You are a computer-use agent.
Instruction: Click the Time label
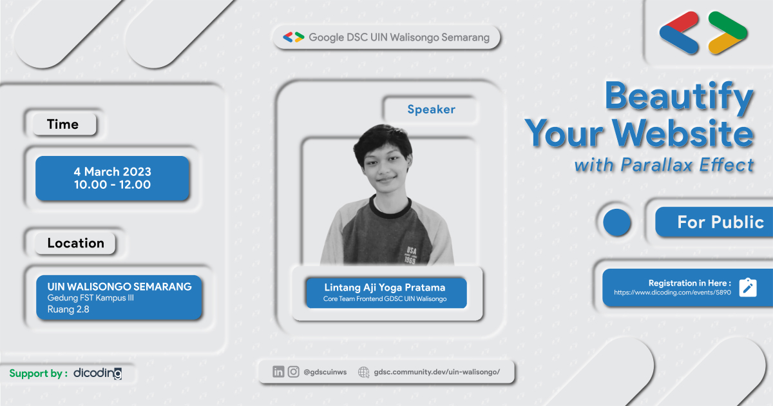62,124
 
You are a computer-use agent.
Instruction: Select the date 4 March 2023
112,172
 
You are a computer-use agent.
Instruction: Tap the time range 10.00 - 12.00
112,185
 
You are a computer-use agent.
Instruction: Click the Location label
75,243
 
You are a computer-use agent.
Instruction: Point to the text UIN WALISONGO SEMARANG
119,286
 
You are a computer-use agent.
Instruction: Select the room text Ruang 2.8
68,309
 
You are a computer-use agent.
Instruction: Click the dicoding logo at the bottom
97,373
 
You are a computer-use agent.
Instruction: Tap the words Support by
38,373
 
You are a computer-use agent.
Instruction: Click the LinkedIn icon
278,371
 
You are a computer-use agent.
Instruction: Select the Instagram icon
294,371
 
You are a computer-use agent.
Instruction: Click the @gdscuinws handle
325,372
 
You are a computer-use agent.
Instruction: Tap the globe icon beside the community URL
363,372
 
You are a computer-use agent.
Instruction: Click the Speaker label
431,110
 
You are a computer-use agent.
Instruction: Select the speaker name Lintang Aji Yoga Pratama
385,287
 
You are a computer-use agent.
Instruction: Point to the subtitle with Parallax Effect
663,166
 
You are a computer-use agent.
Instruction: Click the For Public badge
720,222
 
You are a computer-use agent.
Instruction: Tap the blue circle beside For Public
617,222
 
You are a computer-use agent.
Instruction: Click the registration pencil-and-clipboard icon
748,287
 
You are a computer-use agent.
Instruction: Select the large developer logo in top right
703,33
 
